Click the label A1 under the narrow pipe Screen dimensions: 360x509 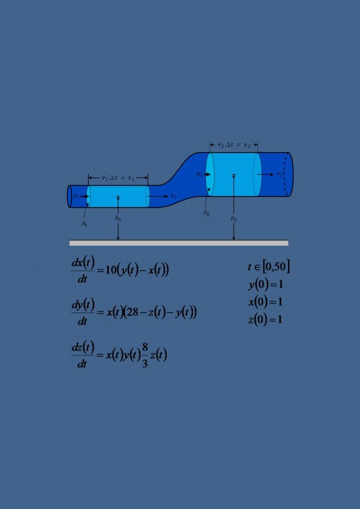(x=84, y=225)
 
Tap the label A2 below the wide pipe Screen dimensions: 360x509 (x=206, y=213)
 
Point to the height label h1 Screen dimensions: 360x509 (x=118, y=218)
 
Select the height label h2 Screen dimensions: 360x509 (x=234, y=219)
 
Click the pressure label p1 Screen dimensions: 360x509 (x=77, y=196)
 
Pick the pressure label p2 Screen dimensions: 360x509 (x=200, y=174)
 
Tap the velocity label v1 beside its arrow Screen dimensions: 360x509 (x=174, y=196)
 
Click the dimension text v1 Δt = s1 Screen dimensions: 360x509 (x=118, y=178)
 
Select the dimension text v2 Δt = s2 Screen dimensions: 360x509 (x=234, y=145)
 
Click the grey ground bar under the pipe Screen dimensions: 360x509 (x=179, y=243)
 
